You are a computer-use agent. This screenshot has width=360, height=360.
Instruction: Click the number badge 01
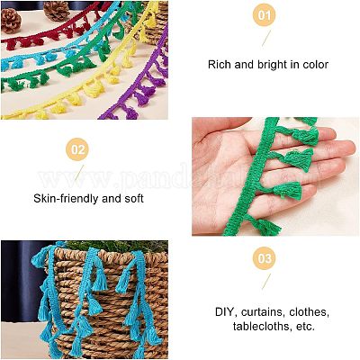[265, 14]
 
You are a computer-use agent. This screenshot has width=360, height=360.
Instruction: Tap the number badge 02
[78, 149]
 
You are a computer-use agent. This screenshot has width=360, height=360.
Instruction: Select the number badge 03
[265, 258]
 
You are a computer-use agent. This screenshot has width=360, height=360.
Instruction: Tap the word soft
[134, 198]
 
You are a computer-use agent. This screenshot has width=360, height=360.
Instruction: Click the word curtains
[263, 312]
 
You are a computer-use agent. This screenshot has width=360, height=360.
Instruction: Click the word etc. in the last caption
[305, 326]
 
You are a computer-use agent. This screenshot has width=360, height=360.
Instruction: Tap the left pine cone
[11, 20]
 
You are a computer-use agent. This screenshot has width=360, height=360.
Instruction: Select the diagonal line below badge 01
[266, 38]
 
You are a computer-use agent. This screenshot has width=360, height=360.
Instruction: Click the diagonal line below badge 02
[79, 173]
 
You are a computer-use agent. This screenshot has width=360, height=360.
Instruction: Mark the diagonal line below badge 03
[266, 282]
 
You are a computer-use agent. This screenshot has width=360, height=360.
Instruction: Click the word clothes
[310, 312]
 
